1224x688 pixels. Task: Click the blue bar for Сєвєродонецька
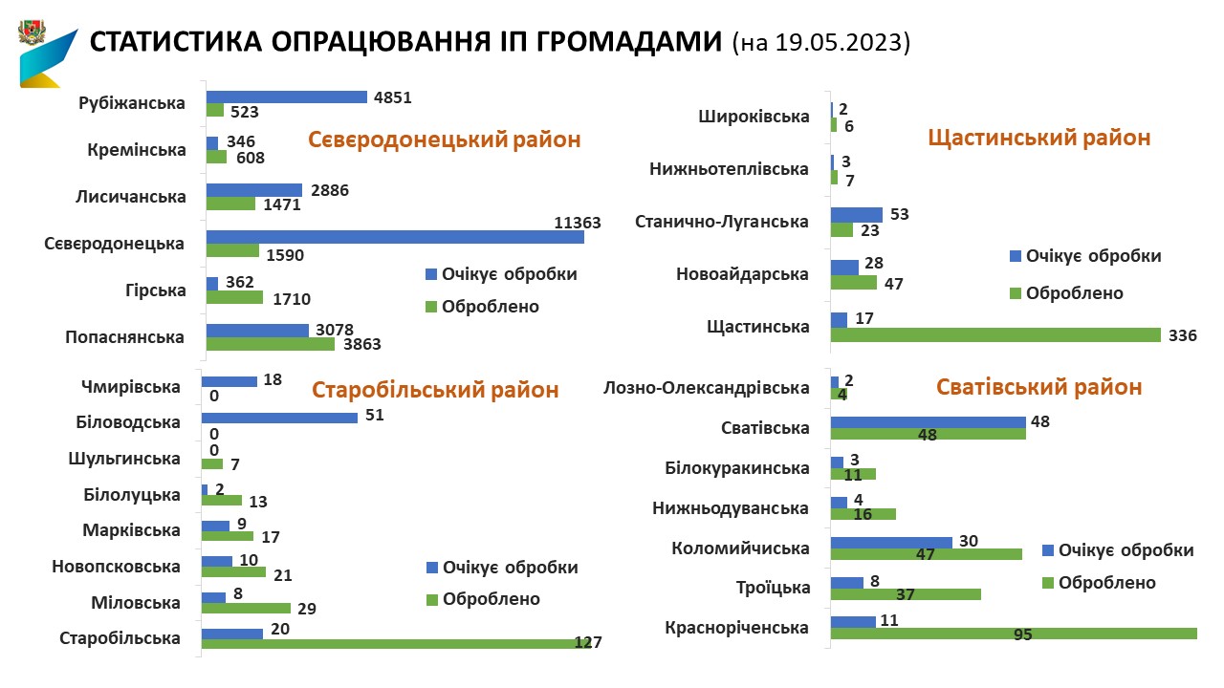394,237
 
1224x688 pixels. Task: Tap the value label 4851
392,97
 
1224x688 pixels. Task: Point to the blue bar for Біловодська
279,418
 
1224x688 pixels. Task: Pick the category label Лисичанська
130,198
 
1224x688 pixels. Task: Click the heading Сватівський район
1038,387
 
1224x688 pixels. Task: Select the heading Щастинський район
1039,138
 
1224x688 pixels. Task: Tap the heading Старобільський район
435,390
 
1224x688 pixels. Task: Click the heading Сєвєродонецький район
444,140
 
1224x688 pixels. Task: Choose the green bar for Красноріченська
1014,634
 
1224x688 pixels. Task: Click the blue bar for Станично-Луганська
856,215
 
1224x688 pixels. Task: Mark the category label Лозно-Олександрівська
707,388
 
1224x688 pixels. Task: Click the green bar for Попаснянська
271,344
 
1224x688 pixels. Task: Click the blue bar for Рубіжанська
286,97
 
